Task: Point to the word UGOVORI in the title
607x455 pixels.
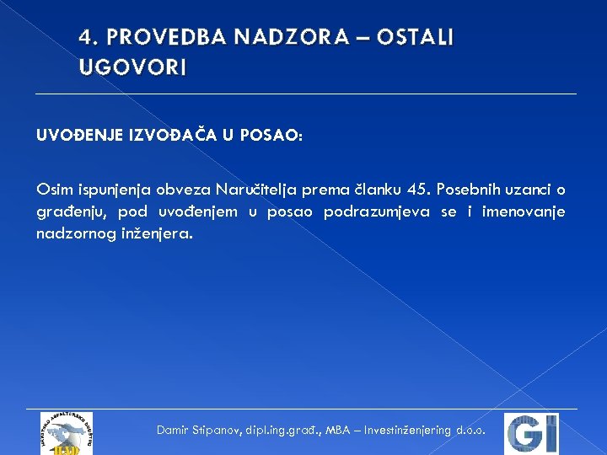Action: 132,67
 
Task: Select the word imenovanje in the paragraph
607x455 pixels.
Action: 523,211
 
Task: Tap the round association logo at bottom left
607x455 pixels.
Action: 67,433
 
